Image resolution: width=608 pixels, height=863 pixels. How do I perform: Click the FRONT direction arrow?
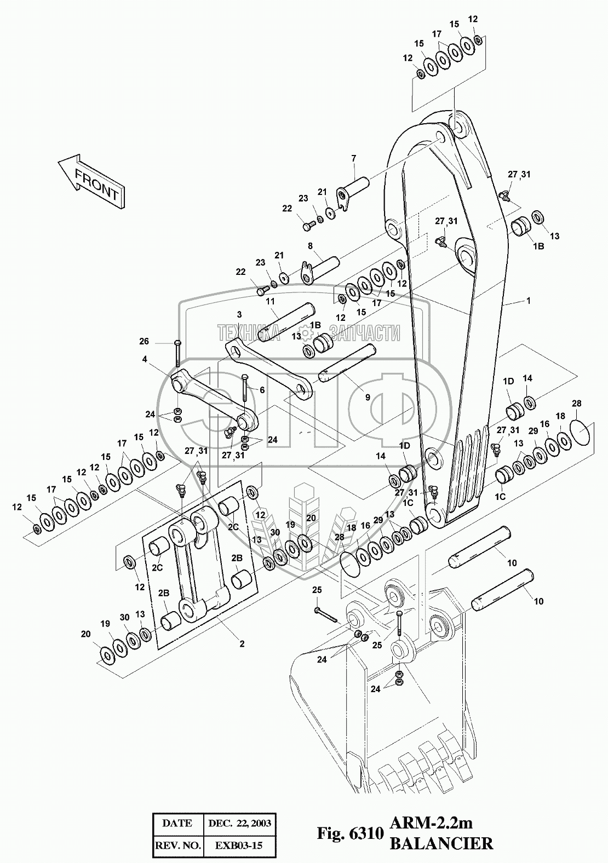click(x=91, y=182)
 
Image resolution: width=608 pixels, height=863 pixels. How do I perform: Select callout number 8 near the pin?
click(x=310, y=246)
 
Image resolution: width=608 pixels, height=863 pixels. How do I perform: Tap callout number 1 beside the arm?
click(x=528, y=300)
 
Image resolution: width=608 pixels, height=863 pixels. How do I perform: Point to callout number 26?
click(x=144, y=341)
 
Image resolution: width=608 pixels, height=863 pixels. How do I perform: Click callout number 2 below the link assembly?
click(x=242, y=643)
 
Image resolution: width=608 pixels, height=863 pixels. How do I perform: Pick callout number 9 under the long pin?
click(x=368, y=396)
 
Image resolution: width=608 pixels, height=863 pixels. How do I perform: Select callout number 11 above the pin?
click(x=270, y=301)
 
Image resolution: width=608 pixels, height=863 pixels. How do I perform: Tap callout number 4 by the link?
click(x=145, y=359)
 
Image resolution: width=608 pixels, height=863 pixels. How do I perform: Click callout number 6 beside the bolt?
click(x=262, y=390)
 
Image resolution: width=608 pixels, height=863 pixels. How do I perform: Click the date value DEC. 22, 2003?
click(x=240, y=824)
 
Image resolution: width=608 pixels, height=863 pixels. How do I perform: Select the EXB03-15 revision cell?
click(x=240, y=845)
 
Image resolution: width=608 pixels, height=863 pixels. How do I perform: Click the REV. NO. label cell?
click(x=178, y=845)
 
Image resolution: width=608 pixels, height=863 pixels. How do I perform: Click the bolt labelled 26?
click(x=177, y=353)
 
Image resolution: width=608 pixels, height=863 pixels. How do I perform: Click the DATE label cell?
click(x=178, y=824)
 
